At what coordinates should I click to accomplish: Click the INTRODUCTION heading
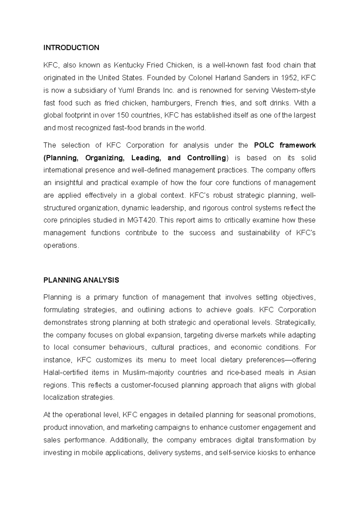71,48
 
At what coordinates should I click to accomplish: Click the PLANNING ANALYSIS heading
81,280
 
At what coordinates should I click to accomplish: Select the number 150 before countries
122,115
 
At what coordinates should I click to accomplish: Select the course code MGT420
142,220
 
